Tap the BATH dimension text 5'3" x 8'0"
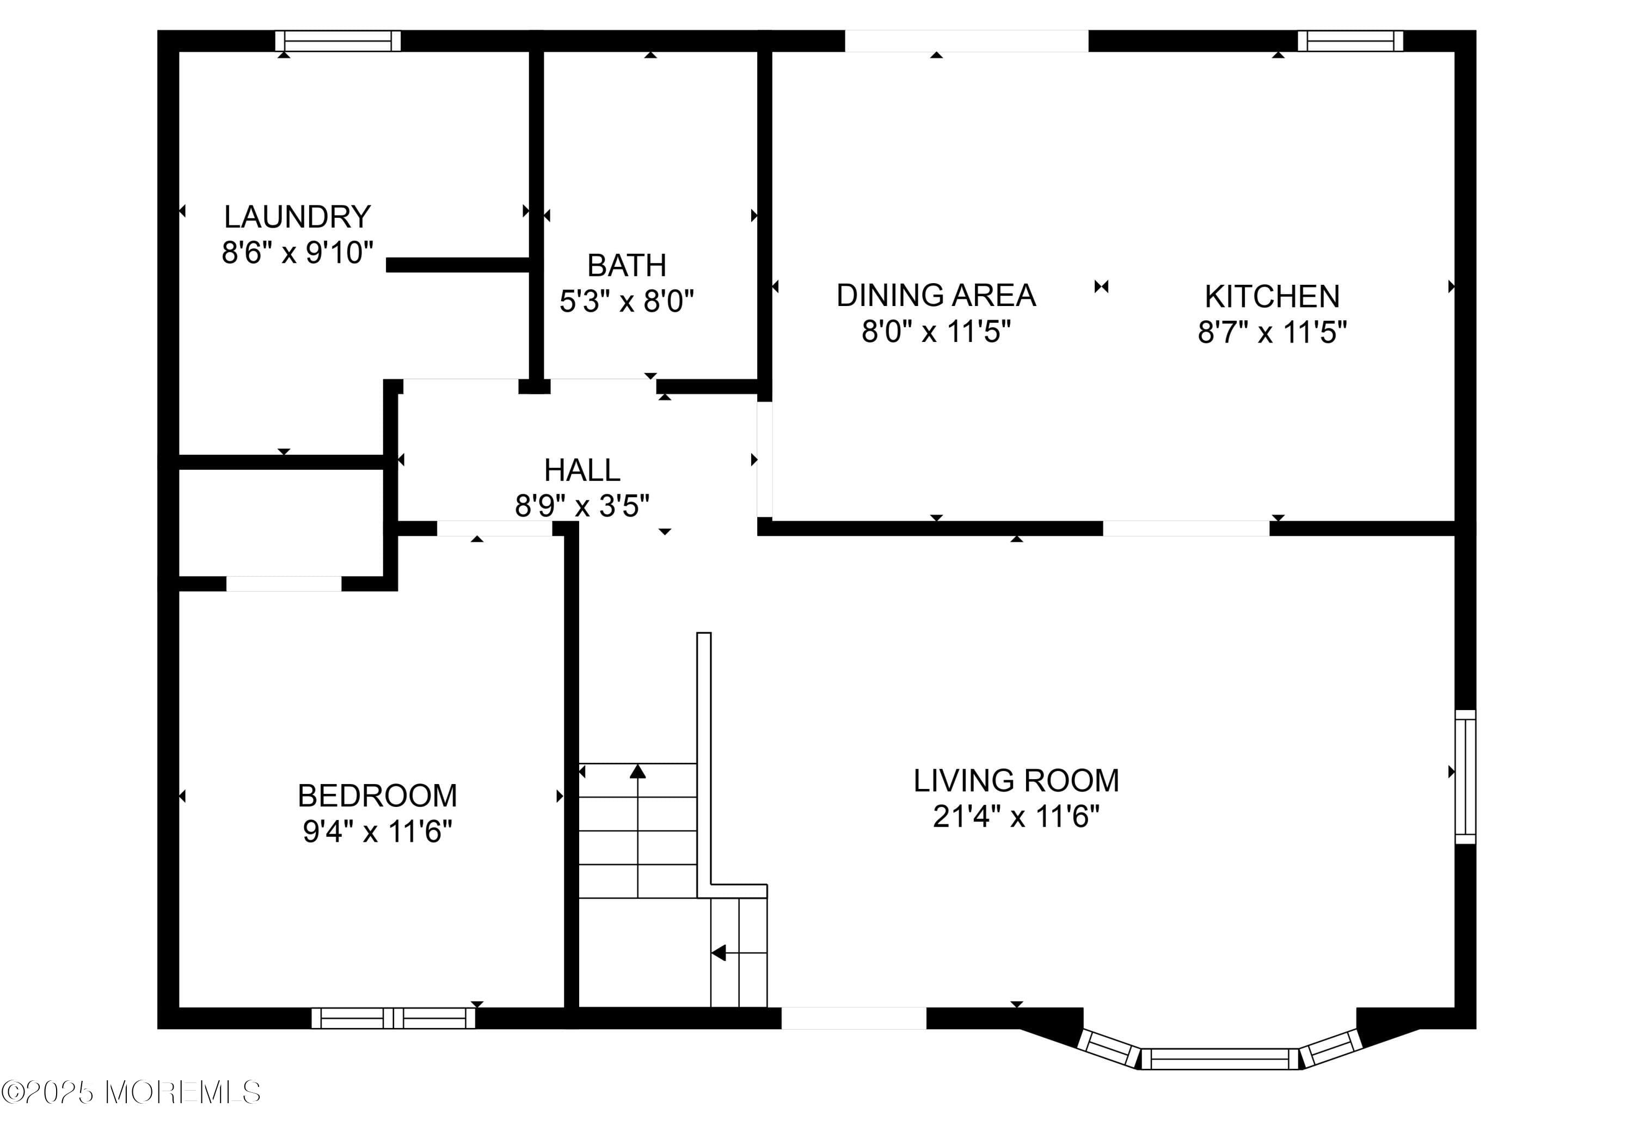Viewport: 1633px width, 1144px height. tap(627, 302)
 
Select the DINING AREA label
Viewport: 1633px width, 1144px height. tap(936, 295)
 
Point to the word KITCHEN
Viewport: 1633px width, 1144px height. tap(1273, 297)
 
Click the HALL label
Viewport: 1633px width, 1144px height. tap(582, 470)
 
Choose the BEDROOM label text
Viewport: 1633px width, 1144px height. tap(378, 796)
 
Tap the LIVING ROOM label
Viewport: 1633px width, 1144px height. tap(1016, 780)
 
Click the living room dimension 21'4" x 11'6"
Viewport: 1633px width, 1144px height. tap(1016, 817)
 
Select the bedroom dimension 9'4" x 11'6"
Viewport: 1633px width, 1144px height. tap(378, 831)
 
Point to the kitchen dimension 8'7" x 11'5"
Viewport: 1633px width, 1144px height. tap(1273, 332)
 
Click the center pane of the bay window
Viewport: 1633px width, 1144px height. tap(1220, 1059)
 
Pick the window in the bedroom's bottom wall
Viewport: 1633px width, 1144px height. tap(394, 1018)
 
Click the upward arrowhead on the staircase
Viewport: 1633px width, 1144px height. tap(638, 770)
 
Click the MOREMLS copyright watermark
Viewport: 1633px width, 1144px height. tap(132, 1093)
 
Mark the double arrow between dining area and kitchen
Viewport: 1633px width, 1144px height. tap(1102, 287)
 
